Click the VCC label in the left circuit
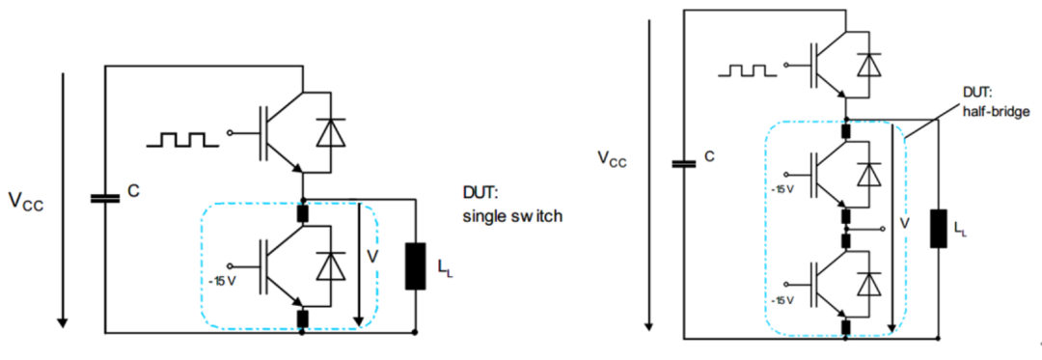pyautogui.click(x=25, y=201)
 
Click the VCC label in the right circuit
pyautogui.click(x=612, y=159)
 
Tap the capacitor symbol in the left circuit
pyautogui.click(x=105, y=198)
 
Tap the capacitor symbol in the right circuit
pyautogui.click(x=683, y=163)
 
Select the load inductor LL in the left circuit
pyautogui.click(x=415, y=266)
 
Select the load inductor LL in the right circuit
pyautogui.click(x=938, y=229)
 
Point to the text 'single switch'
pyautogui.click(x=513, y=216)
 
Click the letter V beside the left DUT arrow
pyautogui.click(x=372, y=256)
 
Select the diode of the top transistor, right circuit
pyautogui.click(x=864, y=64)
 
